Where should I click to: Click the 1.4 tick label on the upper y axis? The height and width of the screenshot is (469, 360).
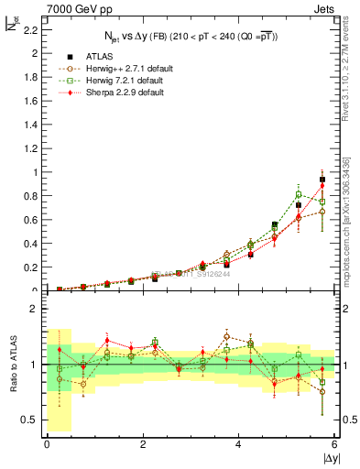point(33,125)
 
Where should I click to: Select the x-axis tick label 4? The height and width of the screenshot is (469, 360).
point(239,443)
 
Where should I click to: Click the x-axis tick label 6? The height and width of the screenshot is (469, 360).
point(335,443)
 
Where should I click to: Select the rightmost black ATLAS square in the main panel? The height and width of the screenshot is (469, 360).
point(322,180)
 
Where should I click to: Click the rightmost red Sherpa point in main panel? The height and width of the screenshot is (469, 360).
point(322,186)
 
